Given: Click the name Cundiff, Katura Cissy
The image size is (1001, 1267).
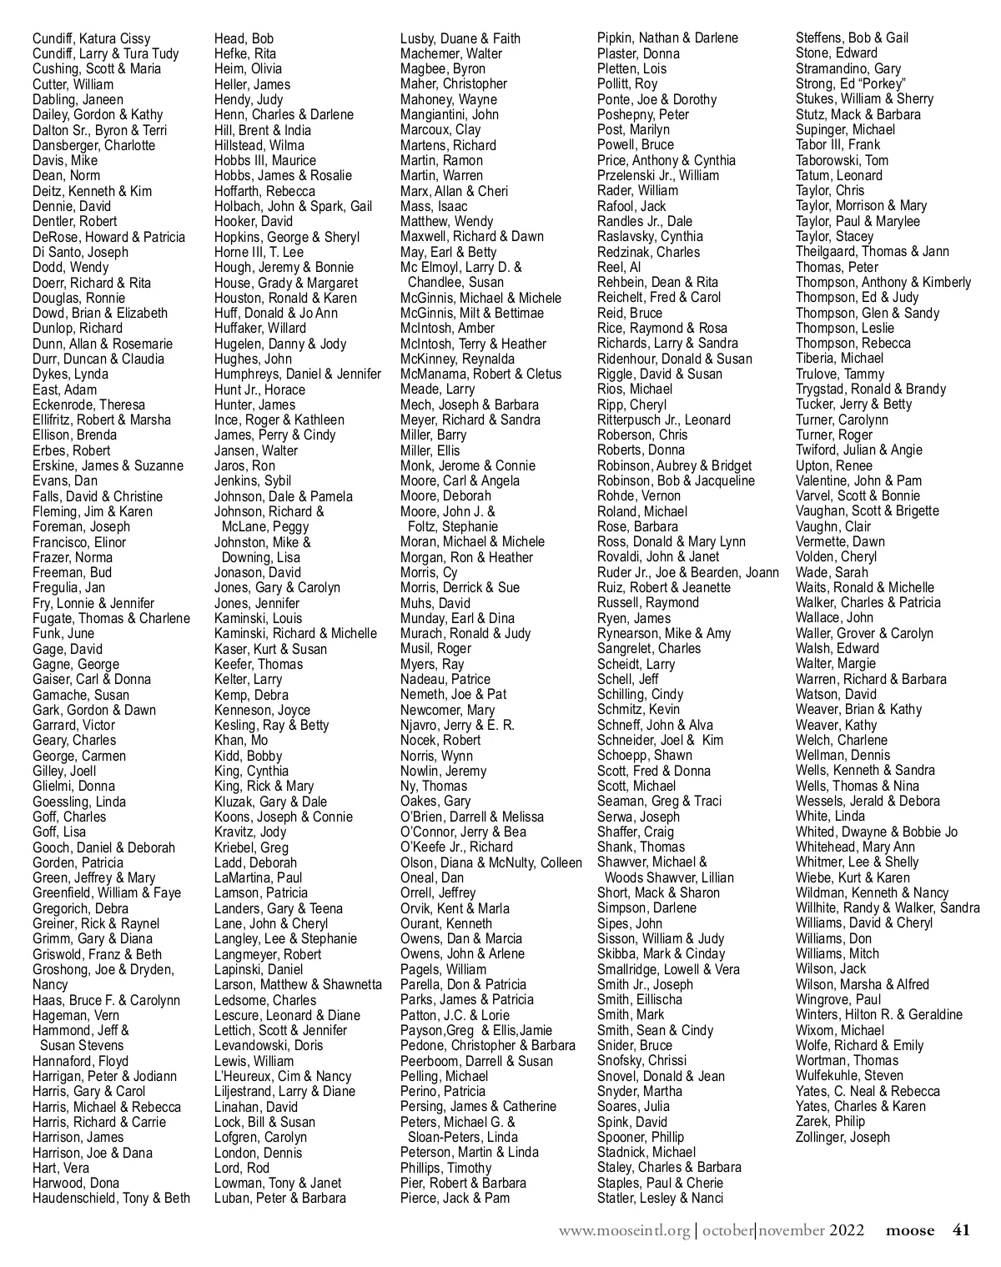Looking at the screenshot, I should (x=92, y=38).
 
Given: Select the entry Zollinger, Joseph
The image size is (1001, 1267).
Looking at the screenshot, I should (x=843, y=1137).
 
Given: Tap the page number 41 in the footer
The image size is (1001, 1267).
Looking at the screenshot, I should (x=961, y=1230).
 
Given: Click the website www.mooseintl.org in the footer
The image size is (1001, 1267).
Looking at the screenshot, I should (x=624, y=1230).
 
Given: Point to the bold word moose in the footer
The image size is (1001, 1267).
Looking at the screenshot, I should (x=910, y=1230).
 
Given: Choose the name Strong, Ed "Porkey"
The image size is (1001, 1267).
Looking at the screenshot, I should (x=851, y=83).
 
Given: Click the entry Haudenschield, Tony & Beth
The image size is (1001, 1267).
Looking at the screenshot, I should (x=111, y=1198).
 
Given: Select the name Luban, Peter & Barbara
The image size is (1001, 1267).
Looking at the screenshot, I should (x=279, y=1198).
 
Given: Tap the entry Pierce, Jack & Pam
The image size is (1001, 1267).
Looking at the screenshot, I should (x=455, y=1198).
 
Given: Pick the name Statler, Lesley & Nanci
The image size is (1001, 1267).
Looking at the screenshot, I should (x=660, y=1198).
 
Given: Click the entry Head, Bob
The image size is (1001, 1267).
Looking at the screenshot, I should (x=244, y=38).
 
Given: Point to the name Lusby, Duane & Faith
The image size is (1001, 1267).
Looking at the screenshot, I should (x=460, y=38).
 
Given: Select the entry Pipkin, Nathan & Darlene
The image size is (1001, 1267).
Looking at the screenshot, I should (x=667, y=38).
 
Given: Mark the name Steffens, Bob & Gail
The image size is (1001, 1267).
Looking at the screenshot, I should (x=852, y=38).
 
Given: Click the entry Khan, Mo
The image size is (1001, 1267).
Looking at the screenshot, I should (x=241, y=740).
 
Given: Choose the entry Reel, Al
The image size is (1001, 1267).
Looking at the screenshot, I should (x=619, y=267).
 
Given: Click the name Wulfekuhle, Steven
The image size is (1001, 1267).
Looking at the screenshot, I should (x=849, y=1076).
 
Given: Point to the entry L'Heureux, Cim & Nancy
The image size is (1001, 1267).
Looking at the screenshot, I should (x=283, y=1076).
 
